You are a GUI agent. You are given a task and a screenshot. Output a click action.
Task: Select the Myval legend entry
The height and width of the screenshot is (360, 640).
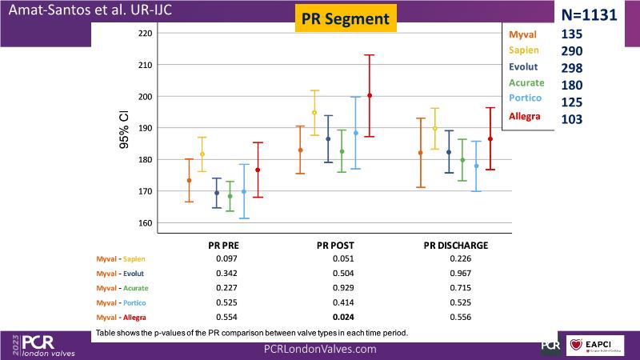pyautogui.click(x=522, y=34)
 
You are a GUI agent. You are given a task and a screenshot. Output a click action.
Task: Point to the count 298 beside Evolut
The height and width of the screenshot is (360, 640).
pyautogui.click(x=573, y=68)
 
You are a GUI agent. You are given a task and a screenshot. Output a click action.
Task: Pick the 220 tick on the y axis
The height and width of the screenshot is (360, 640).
pyautogui.click(x=144, y=34)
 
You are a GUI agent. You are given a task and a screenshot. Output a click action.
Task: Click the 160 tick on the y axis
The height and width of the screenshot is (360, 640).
pyautogui.click(x=144, y=223)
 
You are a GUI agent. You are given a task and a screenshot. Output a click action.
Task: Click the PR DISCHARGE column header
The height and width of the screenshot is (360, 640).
pyautogui.click(x=455, y=246)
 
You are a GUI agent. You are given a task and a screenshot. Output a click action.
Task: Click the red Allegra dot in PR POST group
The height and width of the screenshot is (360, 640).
pyautogui.click(x=370, y=96)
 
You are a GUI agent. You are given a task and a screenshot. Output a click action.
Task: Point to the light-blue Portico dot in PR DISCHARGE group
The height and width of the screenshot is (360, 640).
pyautogui.click(x=477, y=166)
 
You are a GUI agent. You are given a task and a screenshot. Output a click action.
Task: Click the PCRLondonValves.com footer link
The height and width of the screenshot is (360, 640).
pyautogui.click(x=320, y=350)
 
